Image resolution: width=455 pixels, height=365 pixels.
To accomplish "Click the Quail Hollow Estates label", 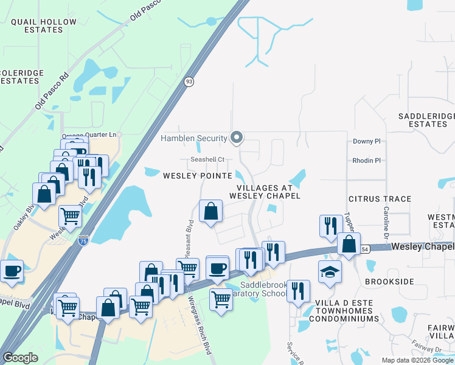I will tap(44, 27).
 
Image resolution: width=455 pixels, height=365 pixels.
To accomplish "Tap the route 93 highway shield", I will tap(189, 82).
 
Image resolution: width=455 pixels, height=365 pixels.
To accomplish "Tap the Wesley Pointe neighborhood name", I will tap(197, 176).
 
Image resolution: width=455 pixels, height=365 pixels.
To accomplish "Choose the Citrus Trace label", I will tap(380, 199).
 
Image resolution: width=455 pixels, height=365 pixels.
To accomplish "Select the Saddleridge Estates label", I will tap(423, 120).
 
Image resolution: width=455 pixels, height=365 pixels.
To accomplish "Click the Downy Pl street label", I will tap(366, 141).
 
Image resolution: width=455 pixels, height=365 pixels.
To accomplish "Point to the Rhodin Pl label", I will tap(366, 161).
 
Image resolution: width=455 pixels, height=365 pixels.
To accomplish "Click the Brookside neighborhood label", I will tap(389, 282).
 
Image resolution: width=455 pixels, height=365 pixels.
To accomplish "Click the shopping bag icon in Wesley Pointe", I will tap(210, 212).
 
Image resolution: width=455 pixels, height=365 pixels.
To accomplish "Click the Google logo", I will tap(21, 358).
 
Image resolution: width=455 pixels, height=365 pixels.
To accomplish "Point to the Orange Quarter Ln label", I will tap(89, 135).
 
